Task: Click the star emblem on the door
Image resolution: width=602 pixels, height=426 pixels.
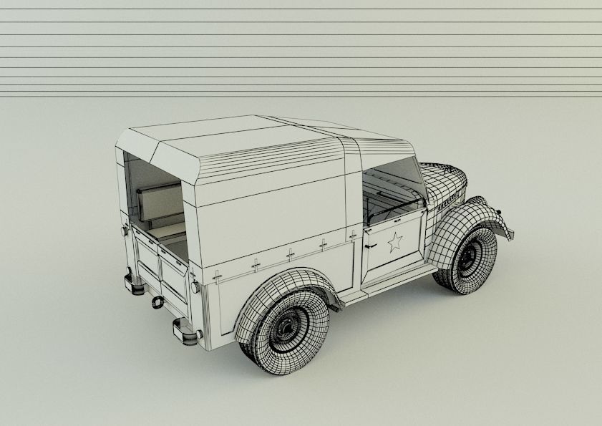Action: point(394,243)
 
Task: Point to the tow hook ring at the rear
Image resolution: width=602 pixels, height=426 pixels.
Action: point(155,303)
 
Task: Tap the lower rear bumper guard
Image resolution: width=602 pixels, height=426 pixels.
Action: point(185,331)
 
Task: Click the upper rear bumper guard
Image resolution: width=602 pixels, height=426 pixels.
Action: point(132,281)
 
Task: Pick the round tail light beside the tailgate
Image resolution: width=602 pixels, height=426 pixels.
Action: point(194,286)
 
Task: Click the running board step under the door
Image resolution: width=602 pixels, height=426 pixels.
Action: point(397,280)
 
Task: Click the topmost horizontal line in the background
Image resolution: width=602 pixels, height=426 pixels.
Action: point(301,9)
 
